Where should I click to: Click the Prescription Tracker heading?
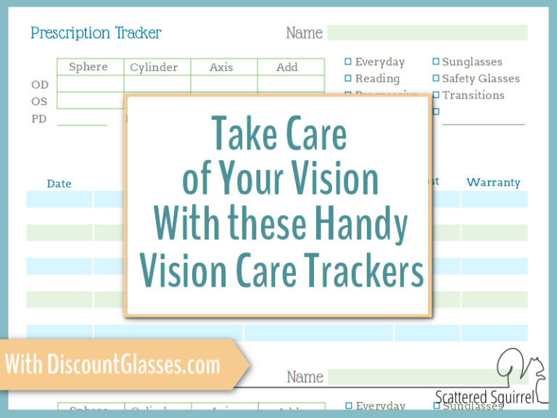click(96, 33)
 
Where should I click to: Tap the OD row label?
click(40, 85)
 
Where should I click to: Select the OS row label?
click(40, 102)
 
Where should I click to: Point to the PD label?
click(39, 118)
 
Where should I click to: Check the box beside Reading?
click(348, 78)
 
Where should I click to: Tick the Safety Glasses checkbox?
click(436, 78)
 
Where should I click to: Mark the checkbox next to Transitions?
click(436, 95)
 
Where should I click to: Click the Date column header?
click(59, 184)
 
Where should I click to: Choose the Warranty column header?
click(493, 182)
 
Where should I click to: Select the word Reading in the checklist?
click(377, 78)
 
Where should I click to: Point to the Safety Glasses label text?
click(481, 78)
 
